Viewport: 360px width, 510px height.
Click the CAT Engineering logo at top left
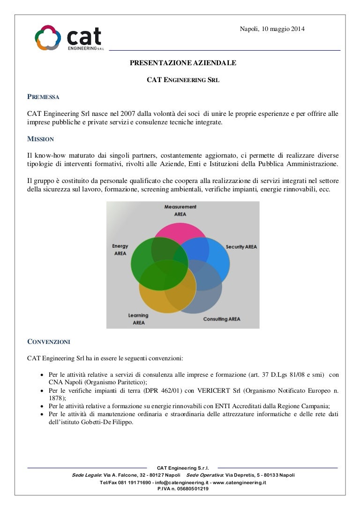click(68, 38)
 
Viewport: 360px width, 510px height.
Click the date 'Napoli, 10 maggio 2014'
click(272, 29)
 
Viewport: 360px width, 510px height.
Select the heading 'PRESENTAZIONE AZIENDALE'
click(183, 62)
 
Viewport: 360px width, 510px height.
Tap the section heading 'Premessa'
click(43, 97)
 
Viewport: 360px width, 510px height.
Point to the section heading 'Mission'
click(41, 139)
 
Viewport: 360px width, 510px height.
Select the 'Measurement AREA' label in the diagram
click(180, 210)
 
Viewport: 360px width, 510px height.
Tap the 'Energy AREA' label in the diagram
click(120, 250)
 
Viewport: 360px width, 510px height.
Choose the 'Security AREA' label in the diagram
click(241, 247)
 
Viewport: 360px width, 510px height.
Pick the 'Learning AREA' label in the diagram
click(138, 319)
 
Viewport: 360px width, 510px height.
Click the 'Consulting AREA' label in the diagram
click(221, 319)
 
